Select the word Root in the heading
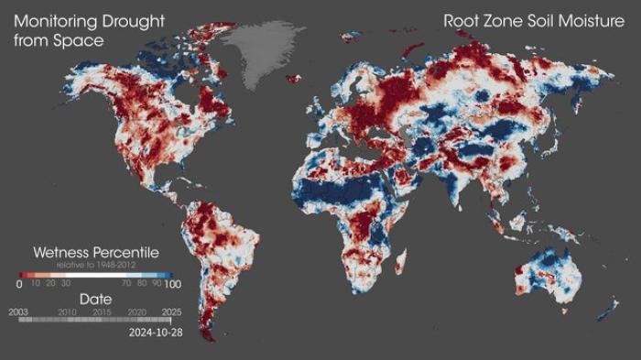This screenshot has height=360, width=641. (461, 20)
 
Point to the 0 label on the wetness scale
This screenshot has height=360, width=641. (19, 285)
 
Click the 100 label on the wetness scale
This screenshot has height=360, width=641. (161, 285)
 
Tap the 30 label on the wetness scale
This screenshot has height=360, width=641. (67, 285)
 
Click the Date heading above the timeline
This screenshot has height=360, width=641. (96, 300)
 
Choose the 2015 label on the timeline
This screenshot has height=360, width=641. (103, 311)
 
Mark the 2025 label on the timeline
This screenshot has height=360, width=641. (171, 311)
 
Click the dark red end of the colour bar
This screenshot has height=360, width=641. (23, 274)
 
